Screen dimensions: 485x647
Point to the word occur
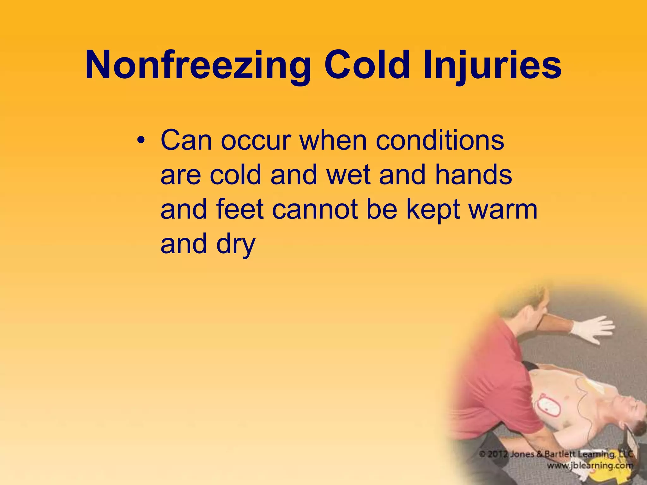(x=256, y=141)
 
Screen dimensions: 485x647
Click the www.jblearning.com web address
(x=590, y=465)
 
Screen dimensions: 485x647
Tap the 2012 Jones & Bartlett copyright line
(x=556, y=454)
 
